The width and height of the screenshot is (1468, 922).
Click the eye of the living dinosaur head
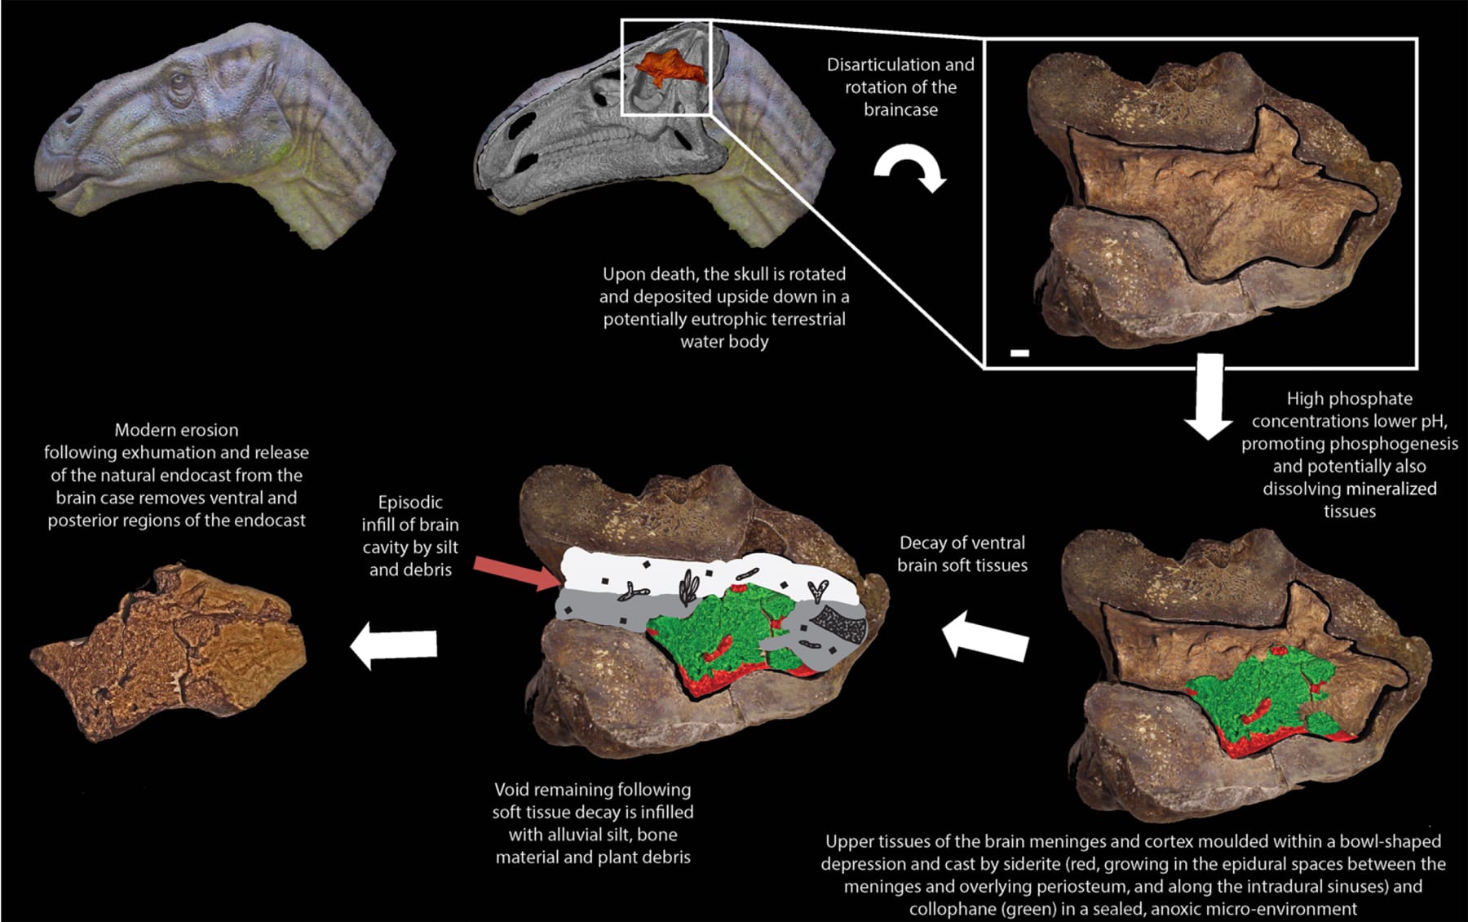(x=176, y=82)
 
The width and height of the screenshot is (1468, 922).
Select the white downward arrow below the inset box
(x=1208, y=397)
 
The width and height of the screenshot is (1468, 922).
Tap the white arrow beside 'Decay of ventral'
(x=984, y=636)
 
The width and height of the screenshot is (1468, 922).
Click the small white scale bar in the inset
(x=1019, y=352)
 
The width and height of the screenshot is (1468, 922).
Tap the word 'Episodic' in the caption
(x=410, y=503)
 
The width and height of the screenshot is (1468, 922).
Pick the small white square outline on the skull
(x=666, y=68)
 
